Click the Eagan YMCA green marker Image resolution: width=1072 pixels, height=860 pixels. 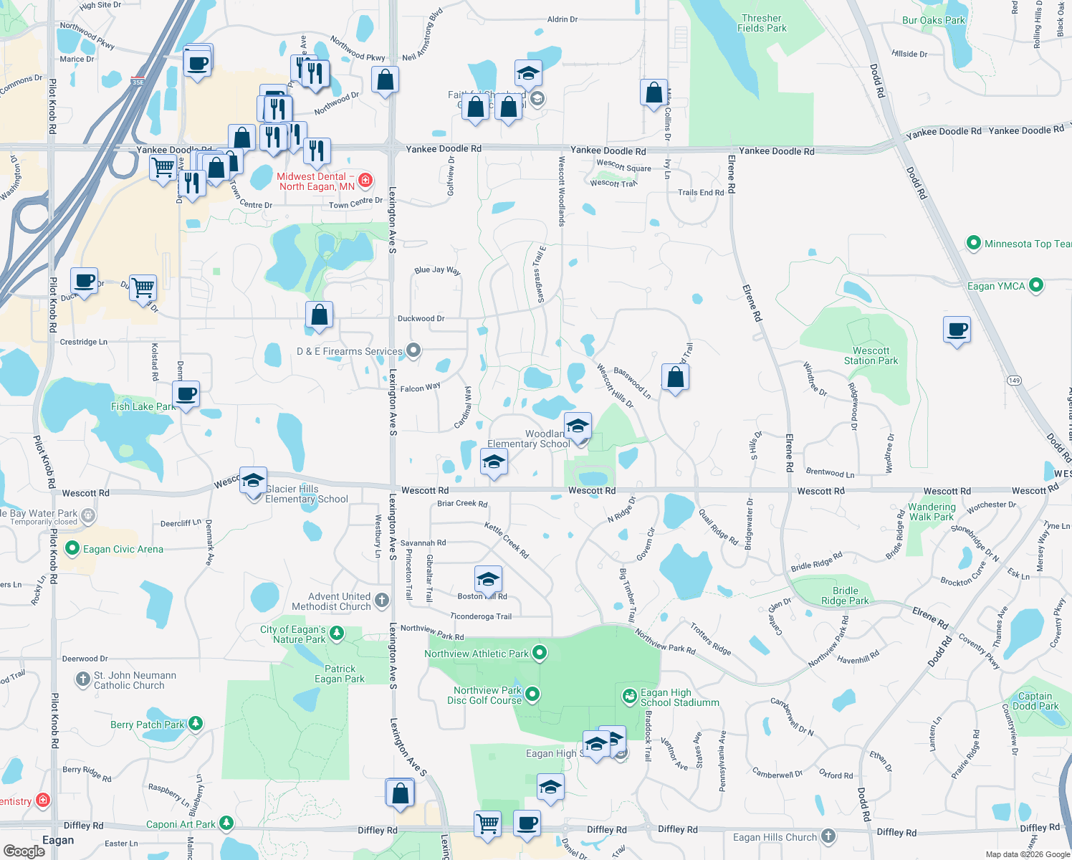pos(1035,286)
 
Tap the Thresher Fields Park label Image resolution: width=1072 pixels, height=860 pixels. pos(762,24)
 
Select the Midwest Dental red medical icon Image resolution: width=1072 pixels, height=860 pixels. pos(365,180)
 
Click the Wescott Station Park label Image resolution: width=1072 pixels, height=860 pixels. pos(871,356)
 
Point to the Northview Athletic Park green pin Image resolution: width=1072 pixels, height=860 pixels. pos(540,653)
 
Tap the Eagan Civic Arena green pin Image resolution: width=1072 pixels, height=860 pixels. pos(72,549)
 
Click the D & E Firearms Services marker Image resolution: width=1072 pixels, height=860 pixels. pos(413,350)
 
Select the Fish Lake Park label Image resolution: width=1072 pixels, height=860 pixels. pos(143,406)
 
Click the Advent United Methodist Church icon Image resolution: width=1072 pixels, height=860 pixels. pos(382,601)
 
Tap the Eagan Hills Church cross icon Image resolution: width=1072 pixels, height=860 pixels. pos(828,836)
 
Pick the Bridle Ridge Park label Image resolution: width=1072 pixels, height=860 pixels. pos(845,596)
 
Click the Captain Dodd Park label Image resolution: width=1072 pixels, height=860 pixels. pos(1035,701)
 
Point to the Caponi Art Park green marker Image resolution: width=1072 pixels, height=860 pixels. pos(226,823)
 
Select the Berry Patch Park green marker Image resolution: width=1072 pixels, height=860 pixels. pos(196,724)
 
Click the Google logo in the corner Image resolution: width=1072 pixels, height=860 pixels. pos(24,851)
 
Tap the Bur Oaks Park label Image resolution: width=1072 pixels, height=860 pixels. pos(934,20)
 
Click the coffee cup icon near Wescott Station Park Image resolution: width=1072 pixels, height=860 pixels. pos(957,330)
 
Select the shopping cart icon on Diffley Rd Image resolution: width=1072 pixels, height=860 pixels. pos(488,823)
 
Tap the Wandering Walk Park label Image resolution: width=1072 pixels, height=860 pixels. pos(932,512)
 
